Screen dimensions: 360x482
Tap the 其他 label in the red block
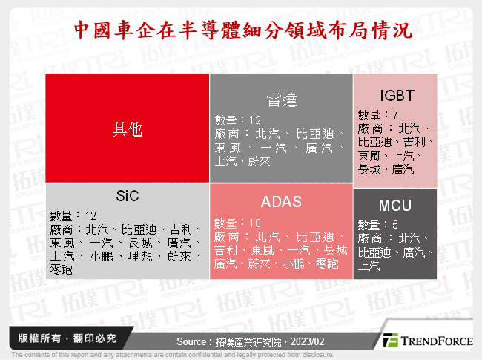[127, 129]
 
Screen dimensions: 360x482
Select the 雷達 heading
[280, 99]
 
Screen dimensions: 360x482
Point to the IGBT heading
[393, 94]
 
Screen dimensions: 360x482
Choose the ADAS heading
[280, 202]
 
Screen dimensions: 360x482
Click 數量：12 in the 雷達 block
[239, 120]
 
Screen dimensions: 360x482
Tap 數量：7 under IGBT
[379, 114]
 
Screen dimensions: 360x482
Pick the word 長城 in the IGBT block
[370, 169]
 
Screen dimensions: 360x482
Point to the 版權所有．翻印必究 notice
[62, 338]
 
